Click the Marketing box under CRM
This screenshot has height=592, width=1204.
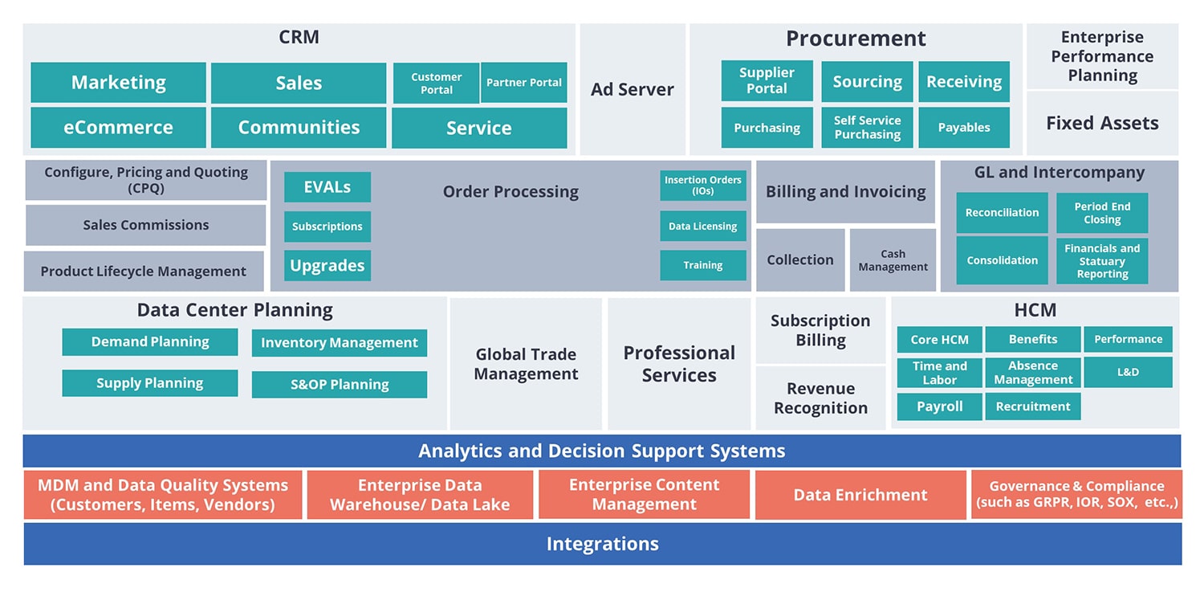(118, 82)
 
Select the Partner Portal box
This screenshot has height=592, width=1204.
(523, 82)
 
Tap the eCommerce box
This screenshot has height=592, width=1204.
(118, 128)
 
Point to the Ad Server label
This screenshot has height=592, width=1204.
(633, 89)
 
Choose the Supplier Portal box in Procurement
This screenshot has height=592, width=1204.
(767, 80)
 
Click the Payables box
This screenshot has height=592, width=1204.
(964, 128)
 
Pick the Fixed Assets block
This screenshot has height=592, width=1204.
(1102, 123)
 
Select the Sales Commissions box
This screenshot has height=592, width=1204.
(145, 225)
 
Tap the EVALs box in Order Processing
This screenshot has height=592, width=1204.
(327, 187)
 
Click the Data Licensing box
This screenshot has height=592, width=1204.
(703, 227)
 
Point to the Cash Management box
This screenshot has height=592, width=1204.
(893, 260)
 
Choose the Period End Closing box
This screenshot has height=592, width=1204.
(1102, 213)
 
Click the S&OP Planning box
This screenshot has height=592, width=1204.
(340, 385)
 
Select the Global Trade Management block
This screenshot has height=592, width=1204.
(526, 364)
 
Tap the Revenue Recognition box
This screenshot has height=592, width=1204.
(820, 398)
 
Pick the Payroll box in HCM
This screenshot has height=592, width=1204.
(940, 406)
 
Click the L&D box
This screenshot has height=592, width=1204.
(1128, 372)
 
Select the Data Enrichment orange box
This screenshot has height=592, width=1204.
(860, 495)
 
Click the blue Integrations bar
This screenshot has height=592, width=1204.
(603, 544)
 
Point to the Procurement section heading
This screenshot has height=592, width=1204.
(856, 39)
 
